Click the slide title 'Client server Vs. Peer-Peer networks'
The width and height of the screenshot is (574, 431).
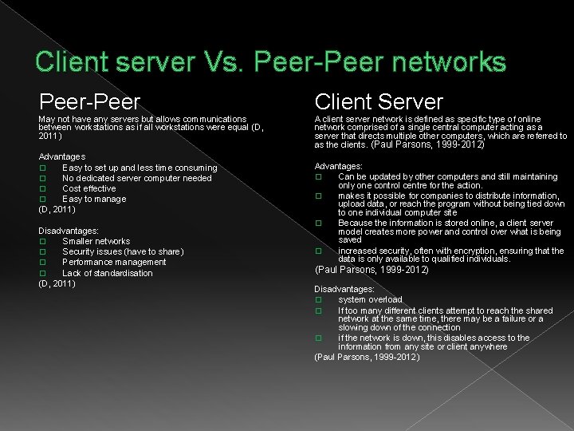coord(270,61)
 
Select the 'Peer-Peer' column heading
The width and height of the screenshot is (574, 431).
coord(90,101)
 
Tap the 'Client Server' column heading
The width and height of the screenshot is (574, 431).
coord(379,101)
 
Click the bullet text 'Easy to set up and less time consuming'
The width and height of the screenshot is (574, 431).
coord(140,168)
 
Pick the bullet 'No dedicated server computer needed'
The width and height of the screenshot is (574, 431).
coord(136,178)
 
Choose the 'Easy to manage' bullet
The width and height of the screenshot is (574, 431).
coord(94,199)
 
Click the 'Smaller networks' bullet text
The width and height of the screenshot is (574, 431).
coord(96,241)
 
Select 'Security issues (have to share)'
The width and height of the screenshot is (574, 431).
coord(123,251)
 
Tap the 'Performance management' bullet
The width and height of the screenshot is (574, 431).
coord(114,262)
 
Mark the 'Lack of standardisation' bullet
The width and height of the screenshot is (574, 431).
coord(107,273)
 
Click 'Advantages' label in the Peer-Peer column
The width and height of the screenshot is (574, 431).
coord(61,156)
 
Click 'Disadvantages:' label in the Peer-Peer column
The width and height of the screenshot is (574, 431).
coord(69,231)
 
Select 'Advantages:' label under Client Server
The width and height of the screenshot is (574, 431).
coord(338,166)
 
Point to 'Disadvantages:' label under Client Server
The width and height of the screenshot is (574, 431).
coord(344,289)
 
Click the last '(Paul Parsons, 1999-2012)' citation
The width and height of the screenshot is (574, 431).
coord(367,357)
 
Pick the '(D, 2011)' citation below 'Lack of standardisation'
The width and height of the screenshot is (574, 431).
coord(57,283)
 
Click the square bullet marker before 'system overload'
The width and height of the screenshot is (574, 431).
coord(318,300)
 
